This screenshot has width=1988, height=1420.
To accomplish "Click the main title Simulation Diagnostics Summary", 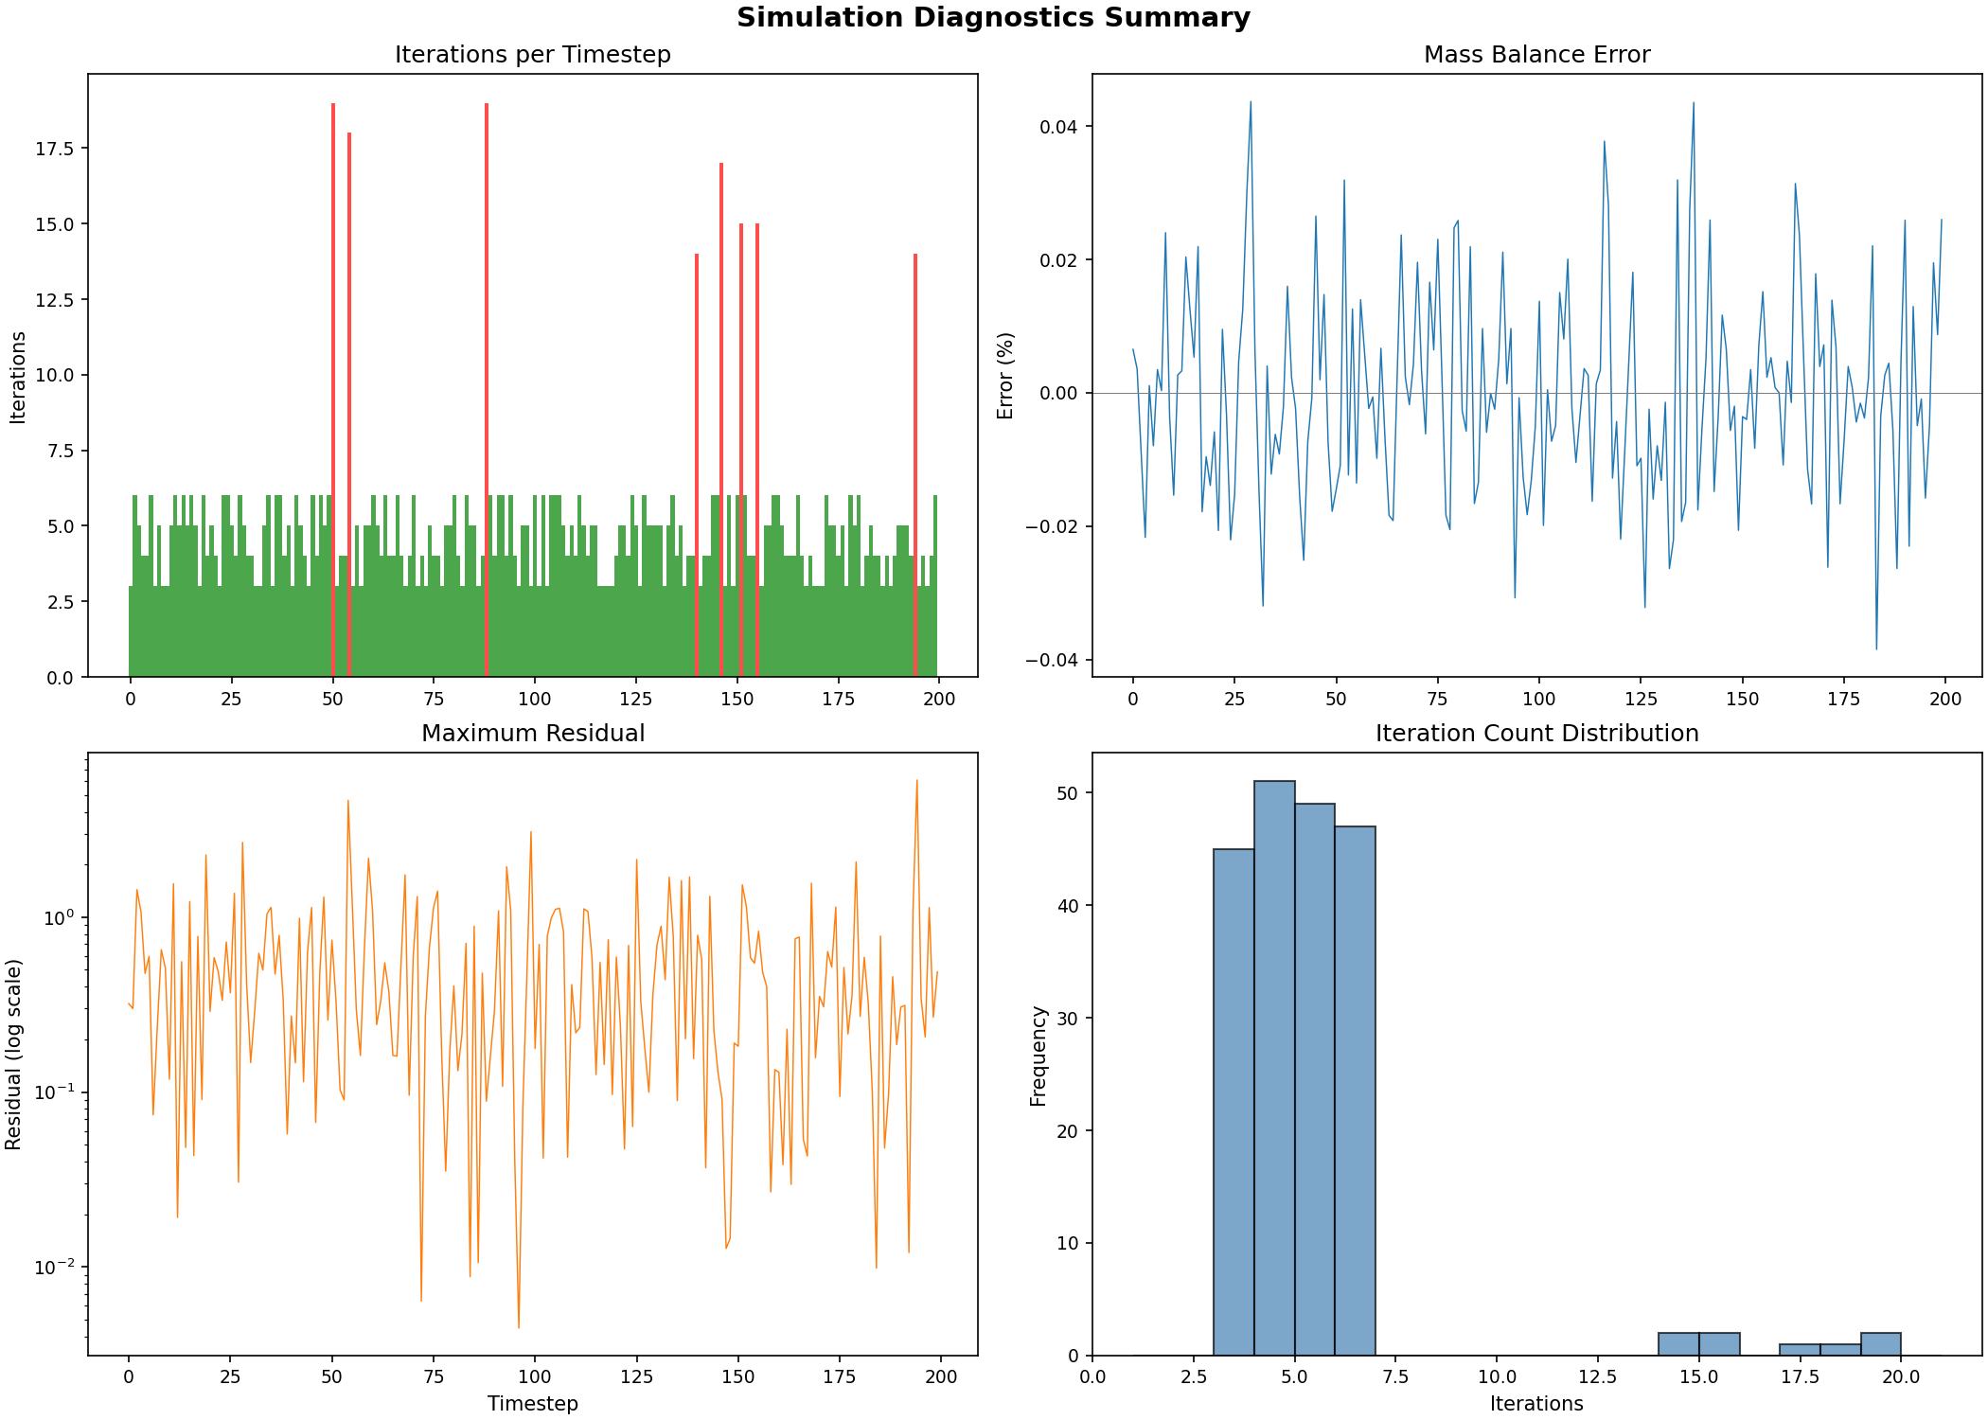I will point(993,18).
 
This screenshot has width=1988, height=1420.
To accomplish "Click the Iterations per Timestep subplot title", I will point(532,55).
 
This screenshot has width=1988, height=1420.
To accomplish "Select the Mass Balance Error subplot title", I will point(1536,55).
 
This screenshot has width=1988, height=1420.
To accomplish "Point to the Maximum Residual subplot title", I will point(532,734).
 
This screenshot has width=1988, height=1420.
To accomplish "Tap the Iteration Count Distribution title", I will point(1536,734).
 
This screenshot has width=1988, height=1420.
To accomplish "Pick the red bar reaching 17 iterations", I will point(721,417).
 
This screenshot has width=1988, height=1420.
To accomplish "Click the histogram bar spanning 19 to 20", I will point(1880,1344).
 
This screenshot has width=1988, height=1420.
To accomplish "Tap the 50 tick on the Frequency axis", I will point(1067,793).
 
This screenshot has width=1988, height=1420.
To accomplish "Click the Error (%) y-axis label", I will point(1005,376).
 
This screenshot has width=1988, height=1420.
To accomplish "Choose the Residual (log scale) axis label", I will point(13,1055).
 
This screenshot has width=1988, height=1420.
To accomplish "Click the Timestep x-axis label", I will point(532,1404).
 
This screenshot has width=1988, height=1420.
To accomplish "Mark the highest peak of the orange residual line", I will point(916,781).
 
